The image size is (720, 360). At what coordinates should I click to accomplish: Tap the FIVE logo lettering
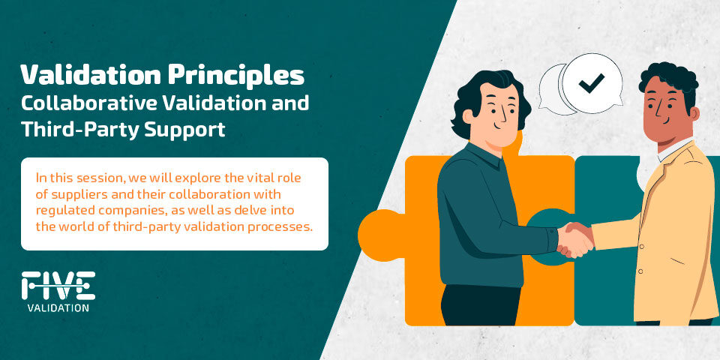pos(58,286)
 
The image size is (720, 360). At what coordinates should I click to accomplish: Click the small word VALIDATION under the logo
pos(58,307)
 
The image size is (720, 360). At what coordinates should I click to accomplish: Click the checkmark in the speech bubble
pos(592,83)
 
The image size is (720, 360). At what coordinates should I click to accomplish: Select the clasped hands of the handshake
pos(575,239)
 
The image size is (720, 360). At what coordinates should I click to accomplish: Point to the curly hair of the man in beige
pos(668,78)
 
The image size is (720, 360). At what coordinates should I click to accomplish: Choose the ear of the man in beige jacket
pos(694,114)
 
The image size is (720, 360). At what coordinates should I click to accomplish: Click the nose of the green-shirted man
pos(504,114)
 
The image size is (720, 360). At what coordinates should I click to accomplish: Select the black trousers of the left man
pos(479,305)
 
